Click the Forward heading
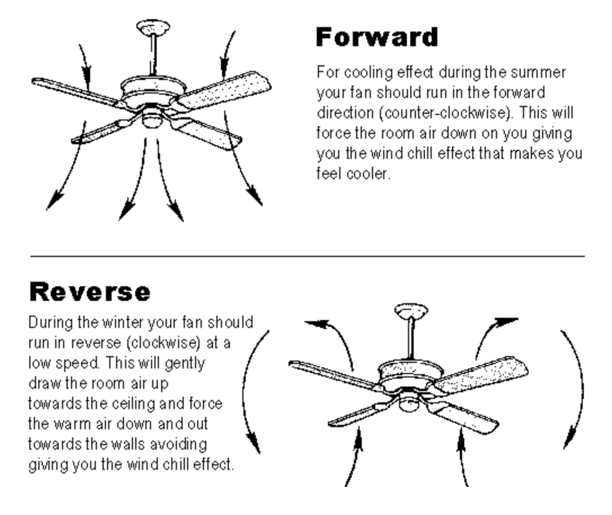click(376, 37)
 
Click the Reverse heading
click(90, 291)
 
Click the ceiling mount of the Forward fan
click(153, 27)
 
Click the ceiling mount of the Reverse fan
click(411, 311)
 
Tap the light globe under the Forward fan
click(152, 118)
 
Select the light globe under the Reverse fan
click(409, 402)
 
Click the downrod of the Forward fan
click(153, 55)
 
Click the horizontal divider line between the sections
click(308, 256)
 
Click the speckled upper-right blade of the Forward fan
click(224, 90)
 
